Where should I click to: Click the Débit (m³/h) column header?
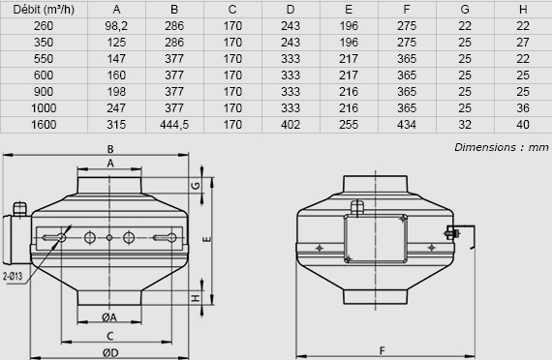(x=44, y=10)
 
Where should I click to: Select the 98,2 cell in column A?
(x=116, y=26)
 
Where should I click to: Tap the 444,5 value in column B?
(x=174, y=125)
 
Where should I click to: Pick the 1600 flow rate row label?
(x=44, y=125)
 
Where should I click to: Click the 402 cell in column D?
(x=291, y=125)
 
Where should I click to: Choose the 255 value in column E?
(x=349, y=125)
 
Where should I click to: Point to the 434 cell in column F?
(x=407, y=125)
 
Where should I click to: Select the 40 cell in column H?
(x=523, y=125)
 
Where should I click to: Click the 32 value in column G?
(x=465, y=125)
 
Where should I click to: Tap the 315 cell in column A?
(x=116, y=125)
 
